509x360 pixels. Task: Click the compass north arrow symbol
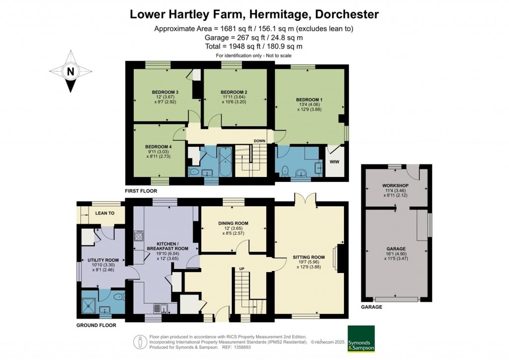click(71, 71)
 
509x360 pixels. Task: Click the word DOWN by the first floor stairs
click(259, 141)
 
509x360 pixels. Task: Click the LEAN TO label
click(105, 213)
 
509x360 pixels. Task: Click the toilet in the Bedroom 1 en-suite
click(285, 170)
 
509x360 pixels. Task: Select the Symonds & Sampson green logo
click(360, 339)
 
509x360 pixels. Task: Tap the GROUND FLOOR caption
click(96, 325)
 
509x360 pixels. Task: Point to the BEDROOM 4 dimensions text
click(159, 153)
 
